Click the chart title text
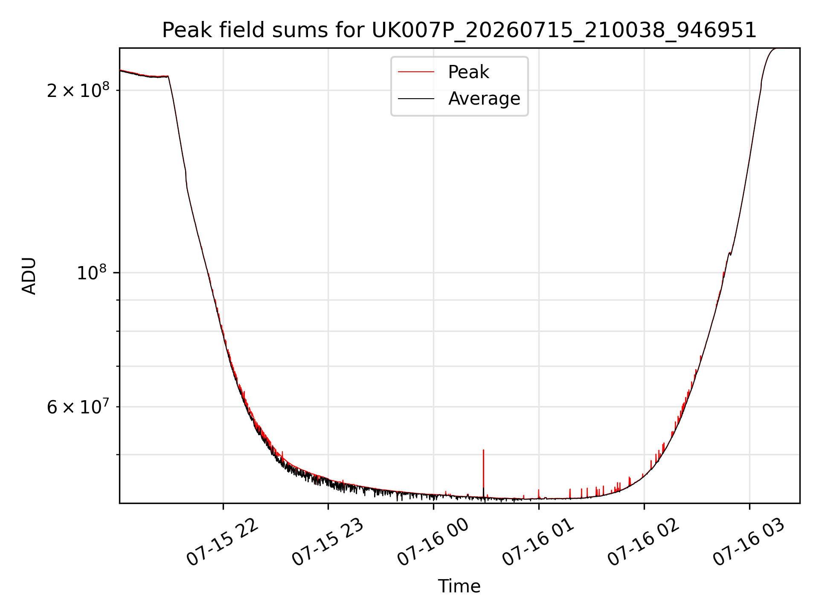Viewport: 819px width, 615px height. (459, 30)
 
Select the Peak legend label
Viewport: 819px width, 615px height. (468, 72)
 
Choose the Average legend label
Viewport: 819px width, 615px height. (484, 99)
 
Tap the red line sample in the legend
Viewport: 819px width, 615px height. (416, 72)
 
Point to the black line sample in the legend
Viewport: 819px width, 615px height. (416, 99)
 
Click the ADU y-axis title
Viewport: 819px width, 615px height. (29, 276)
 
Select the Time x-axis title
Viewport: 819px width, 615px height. (459, 586)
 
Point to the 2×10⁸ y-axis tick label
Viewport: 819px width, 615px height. (78, 90)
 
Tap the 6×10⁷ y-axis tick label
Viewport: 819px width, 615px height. (78, 407)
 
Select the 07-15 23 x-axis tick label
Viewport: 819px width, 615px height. (328, 542)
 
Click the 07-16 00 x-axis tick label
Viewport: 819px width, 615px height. (433, 542)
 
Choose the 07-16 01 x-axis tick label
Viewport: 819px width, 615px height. (538, 542)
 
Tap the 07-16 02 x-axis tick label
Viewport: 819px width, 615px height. (643, 542)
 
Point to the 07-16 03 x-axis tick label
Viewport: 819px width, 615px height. (749, 542)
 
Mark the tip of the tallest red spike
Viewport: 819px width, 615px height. (483, 450)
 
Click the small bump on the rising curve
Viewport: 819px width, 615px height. (729, 253)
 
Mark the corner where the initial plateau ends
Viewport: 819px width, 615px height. (168, 76)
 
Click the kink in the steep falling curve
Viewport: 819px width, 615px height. (186, 173)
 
